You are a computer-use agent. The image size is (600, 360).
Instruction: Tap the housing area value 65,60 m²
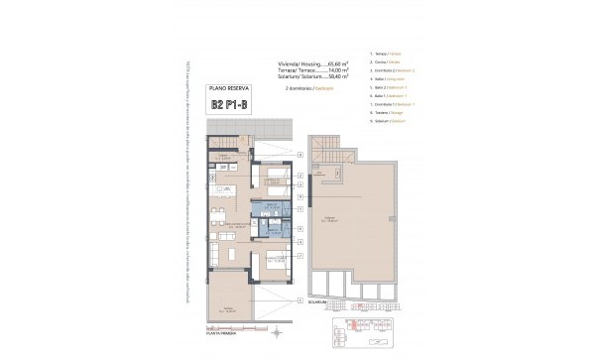[x=332, y=64]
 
